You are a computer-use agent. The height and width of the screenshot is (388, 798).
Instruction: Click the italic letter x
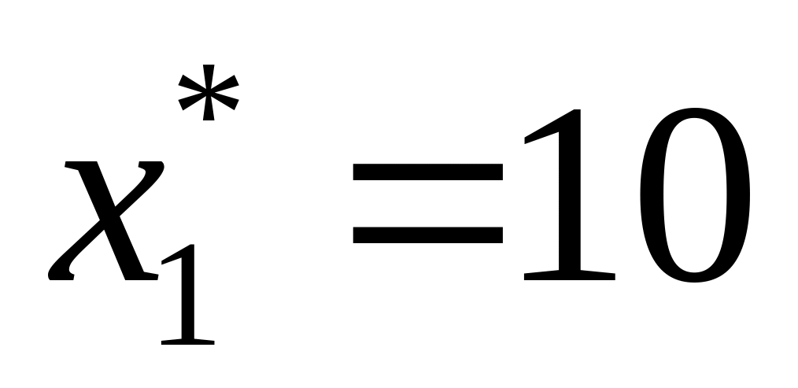(x=107, y=221)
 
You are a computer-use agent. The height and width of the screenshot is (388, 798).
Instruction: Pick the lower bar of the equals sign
(x=427, y=234)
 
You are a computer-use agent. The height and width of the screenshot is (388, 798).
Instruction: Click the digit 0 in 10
(x=692, y=197)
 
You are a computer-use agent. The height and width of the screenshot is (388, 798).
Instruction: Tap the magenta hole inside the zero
(x=692, y=197)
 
